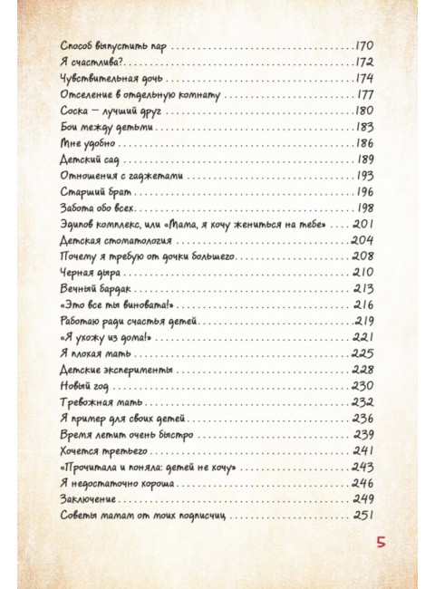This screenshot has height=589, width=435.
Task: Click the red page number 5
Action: (x=382, y=543)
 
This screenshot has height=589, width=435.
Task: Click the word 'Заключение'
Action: (x=89, y=500)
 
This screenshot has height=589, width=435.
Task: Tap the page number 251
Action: (x=363, y=517)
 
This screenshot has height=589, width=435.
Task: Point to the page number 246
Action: (x=363, y=484)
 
